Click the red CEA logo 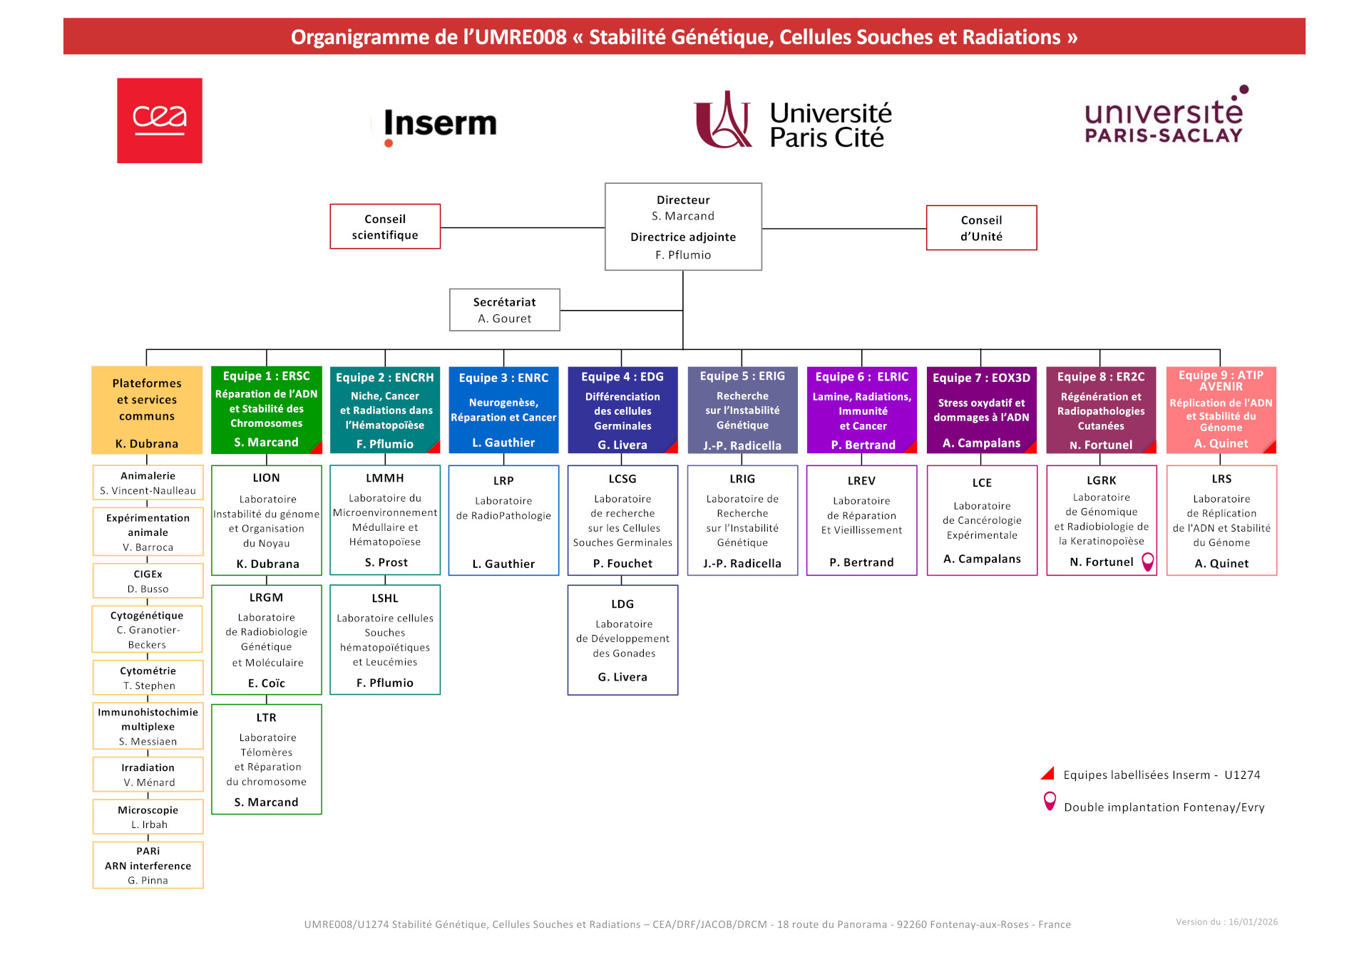(x=160, y=120)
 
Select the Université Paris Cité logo (x=793, y=121)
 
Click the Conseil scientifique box (x=385, y=227)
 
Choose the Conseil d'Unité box (x=981, y=228)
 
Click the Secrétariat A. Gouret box (x=504, y=310)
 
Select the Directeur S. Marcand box (x=683, y=227)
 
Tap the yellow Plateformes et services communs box (x=147, y=410)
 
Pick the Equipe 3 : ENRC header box (x=503, y=410)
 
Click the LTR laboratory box (x=267, y=759)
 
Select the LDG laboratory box (x=622, y=640)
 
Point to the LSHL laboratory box (x=385, y=640)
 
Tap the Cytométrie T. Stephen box (x=148, y=678)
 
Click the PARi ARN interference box (x=148, y=865)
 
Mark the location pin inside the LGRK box (x=1147, y=562)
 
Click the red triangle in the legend (x=1047, y=774)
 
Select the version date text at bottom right (x=1226, y=922)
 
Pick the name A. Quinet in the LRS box (x=1221, y=564)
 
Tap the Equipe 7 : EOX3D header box (x=981, y=410)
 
